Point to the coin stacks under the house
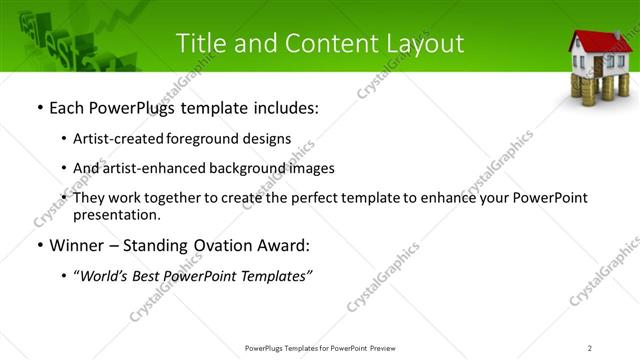[x=597, y=89]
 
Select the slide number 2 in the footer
[x=590, y=347]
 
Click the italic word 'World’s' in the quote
[x=103, y=277]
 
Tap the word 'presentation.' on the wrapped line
[x=116, y=214]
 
